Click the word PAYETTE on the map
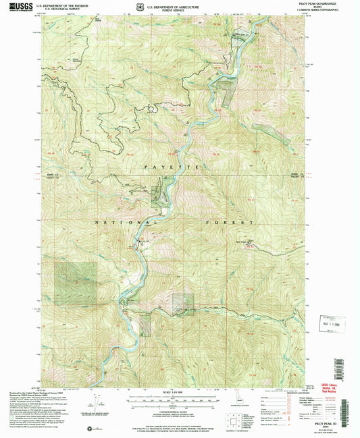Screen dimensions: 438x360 click(x=170, y=165)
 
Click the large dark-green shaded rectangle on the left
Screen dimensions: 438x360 click(x=75, y=281)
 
